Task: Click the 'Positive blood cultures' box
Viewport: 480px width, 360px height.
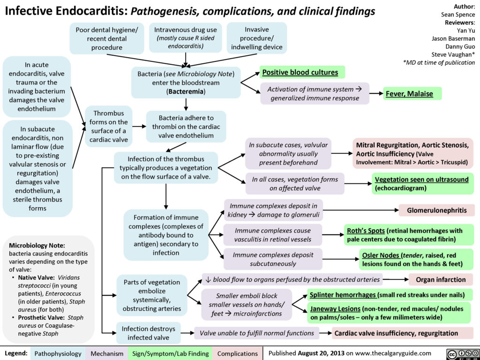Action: tap(302, 72)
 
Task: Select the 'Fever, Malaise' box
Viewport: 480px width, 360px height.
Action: tap(412, 93)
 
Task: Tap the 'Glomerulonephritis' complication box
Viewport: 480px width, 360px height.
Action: tap(437, 210)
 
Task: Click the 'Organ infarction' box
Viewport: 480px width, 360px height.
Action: tap(441, 279)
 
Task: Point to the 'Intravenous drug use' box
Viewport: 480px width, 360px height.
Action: tap(186, 37)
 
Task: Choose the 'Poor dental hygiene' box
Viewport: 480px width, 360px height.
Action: tap(107, 38)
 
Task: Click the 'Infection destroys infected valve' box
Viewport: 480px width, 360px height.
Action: tap(149, 333)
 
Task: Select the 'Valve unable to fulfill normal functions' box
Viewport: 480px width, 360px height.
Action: tap(256, 333)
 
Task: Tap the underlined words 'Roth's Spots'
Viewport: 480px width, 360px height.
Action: tap(366, 230)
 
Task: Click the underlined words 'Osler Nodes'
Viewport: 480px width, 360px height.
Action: tap(381, 255)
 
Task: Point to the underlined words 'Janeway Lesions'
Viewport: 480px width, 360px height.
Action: tap(335, 308)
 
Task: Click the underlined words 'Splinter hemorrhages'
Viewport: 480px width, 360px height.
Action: tap(343, 295)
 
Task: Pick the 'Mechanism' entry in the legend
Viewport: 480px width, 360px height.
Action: tap(107, 353)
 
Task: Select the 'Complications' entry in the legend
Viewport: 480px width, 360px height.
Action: tap(237, 353)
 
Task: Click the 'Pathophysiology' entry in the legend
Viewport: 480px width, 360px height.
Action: tap(58, 353)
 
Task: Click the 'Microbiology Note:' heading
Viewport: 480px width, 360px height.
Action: tap(37, 246)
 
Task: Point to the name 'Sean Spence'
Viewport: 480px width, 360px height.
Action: tap(458, 15)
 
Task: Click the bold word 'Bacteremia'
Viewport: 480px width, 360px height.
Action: tap(186, 91)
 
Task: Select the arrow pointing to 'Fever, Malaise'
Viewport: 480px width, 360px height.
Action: tap(376, 93)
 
